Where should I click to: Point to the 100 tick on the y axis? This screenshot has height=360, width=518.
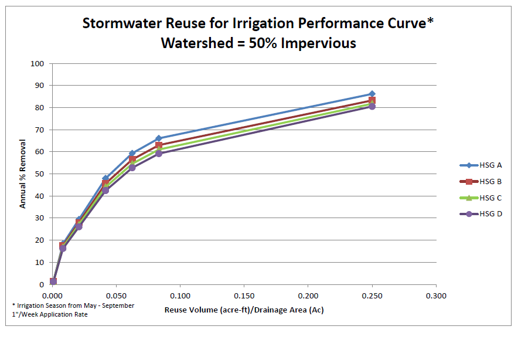39,63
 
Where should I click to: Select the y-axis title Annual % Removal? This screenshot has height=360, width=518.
23,174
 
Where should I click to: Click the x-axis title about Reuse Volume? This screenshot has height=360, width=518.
244,310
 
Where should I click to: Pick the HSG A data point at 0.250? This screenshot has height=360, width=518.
372,94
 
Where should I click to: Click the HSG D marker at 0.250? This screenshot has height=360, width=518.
372,107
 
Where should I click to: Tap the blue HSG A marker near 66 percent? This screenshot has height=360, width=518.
159,138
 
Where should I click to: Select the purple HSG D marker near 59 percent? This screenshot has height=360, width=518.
159,154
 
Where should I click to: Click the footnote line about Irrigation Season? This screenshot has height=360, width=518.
73,305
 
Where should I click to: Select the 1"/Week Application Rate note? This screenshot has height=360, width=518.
53,314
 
